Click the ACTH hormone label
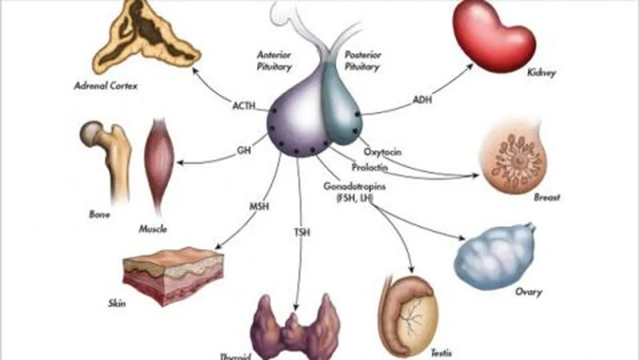[244, 105]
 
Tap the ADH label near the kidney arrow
[422, 100]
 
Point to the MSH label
[259, 206]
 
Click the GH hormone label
[244, 152]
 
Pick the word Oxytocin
[383, 152]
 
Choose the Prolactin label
[369, 167]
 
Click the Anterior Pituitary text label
[274, 60]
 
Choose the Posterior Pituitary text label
[362, 60]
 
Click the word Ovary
[528, 292]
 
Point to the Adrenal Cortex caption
[106, 86]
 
